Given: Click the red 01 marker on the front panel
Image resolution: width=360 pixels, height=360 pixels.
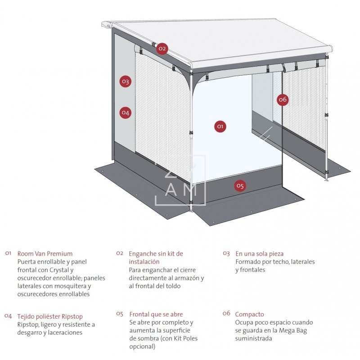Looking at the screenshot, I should pos(220,126).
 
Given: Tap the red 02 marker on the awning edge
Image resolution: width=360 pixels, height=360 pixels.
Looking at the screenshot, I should pos(162,48).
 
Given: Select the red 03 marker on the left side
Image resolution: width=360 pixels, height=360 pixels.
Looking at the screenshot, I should pos(125,81).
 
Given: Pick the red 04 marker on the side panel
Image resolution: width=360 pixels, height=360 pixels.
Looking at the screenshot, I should pos(125,112).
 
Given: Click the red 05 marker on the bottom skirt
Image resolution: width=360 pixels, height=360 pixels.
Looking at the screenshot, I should pos(240,185).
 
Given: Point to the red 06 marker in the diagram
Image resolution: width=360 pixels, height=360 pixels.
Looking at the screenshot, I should pos(282,99).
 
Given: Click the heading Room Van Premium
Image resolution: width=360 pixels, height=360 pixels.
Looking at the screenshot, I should pos(45,254).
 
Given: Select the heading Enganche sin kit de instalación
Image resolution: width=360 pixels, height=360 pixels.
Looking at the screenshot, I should pos(156,257).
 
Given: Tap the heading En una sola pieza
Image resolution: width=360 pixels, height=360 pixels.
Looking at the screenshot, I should pos(259,254).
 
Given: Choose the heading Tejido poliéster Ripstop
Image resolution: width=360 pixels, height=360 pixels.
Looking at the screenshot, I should pos(50,316).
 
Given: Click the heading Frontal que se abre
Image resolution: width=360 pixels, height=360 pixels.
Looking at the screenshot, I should pos(156,314).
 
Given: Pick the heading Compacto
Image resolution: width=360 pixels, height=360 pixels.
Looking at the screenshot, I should pos(249,314).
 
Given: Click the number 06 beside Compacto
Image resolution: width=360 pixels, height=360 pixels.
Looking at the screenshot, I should pos(226,314).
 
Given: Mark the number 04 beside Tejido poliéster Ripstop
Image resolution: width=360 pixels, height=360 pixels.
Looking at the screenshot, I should pos(8,316).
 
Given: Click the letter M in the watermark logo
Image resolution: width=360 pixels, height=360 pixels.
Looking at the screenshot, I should pos(189,190).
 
